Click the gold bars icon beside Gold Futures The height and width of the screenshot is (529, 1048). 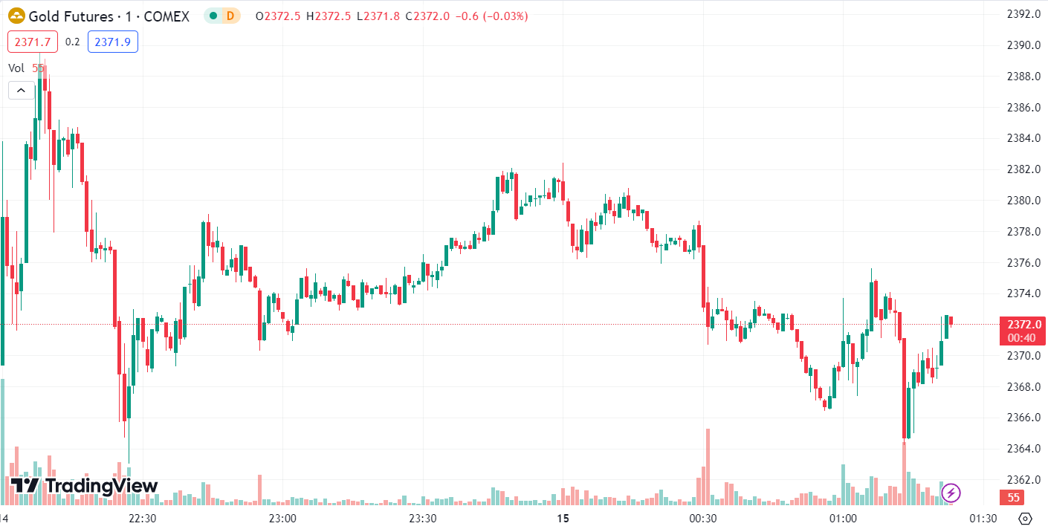point(16,16)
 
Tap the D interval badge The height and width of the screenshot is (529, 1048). point(230,16)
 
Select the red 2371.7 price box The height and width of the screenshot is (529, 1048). point(33,42)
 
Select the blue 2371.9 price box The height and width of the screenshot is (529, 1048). point(113,42)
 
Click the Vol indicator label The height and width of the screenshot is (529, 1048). point(16,68)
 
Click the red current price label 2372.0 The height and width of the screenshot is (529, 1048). point(1023,324)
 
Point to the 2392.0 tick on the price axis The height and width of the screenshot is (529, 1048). point(1022,14)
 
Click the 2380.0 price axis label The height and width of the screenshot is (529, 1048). point(1022,200)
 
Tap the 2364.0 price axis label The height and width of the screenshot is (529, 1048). point(1022,448)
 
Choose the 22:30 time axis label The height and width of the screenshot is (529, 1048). point(142,518)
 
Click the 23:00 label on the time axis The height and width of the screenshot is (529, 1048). point(282,518)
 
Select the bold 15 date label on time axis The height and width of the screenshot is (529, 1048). point(563,518)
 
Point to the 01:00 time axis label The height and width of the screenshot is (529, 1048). point(843,518)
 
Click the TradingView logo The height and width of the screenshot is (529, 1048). point(84,486)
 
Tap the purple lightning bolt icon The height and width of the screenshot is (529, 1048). point(951,492)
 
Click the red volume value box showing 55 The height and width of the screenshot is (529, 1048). point(1013,497)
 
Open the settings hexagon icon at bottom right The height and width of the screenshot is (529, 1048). point(1026,518)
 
